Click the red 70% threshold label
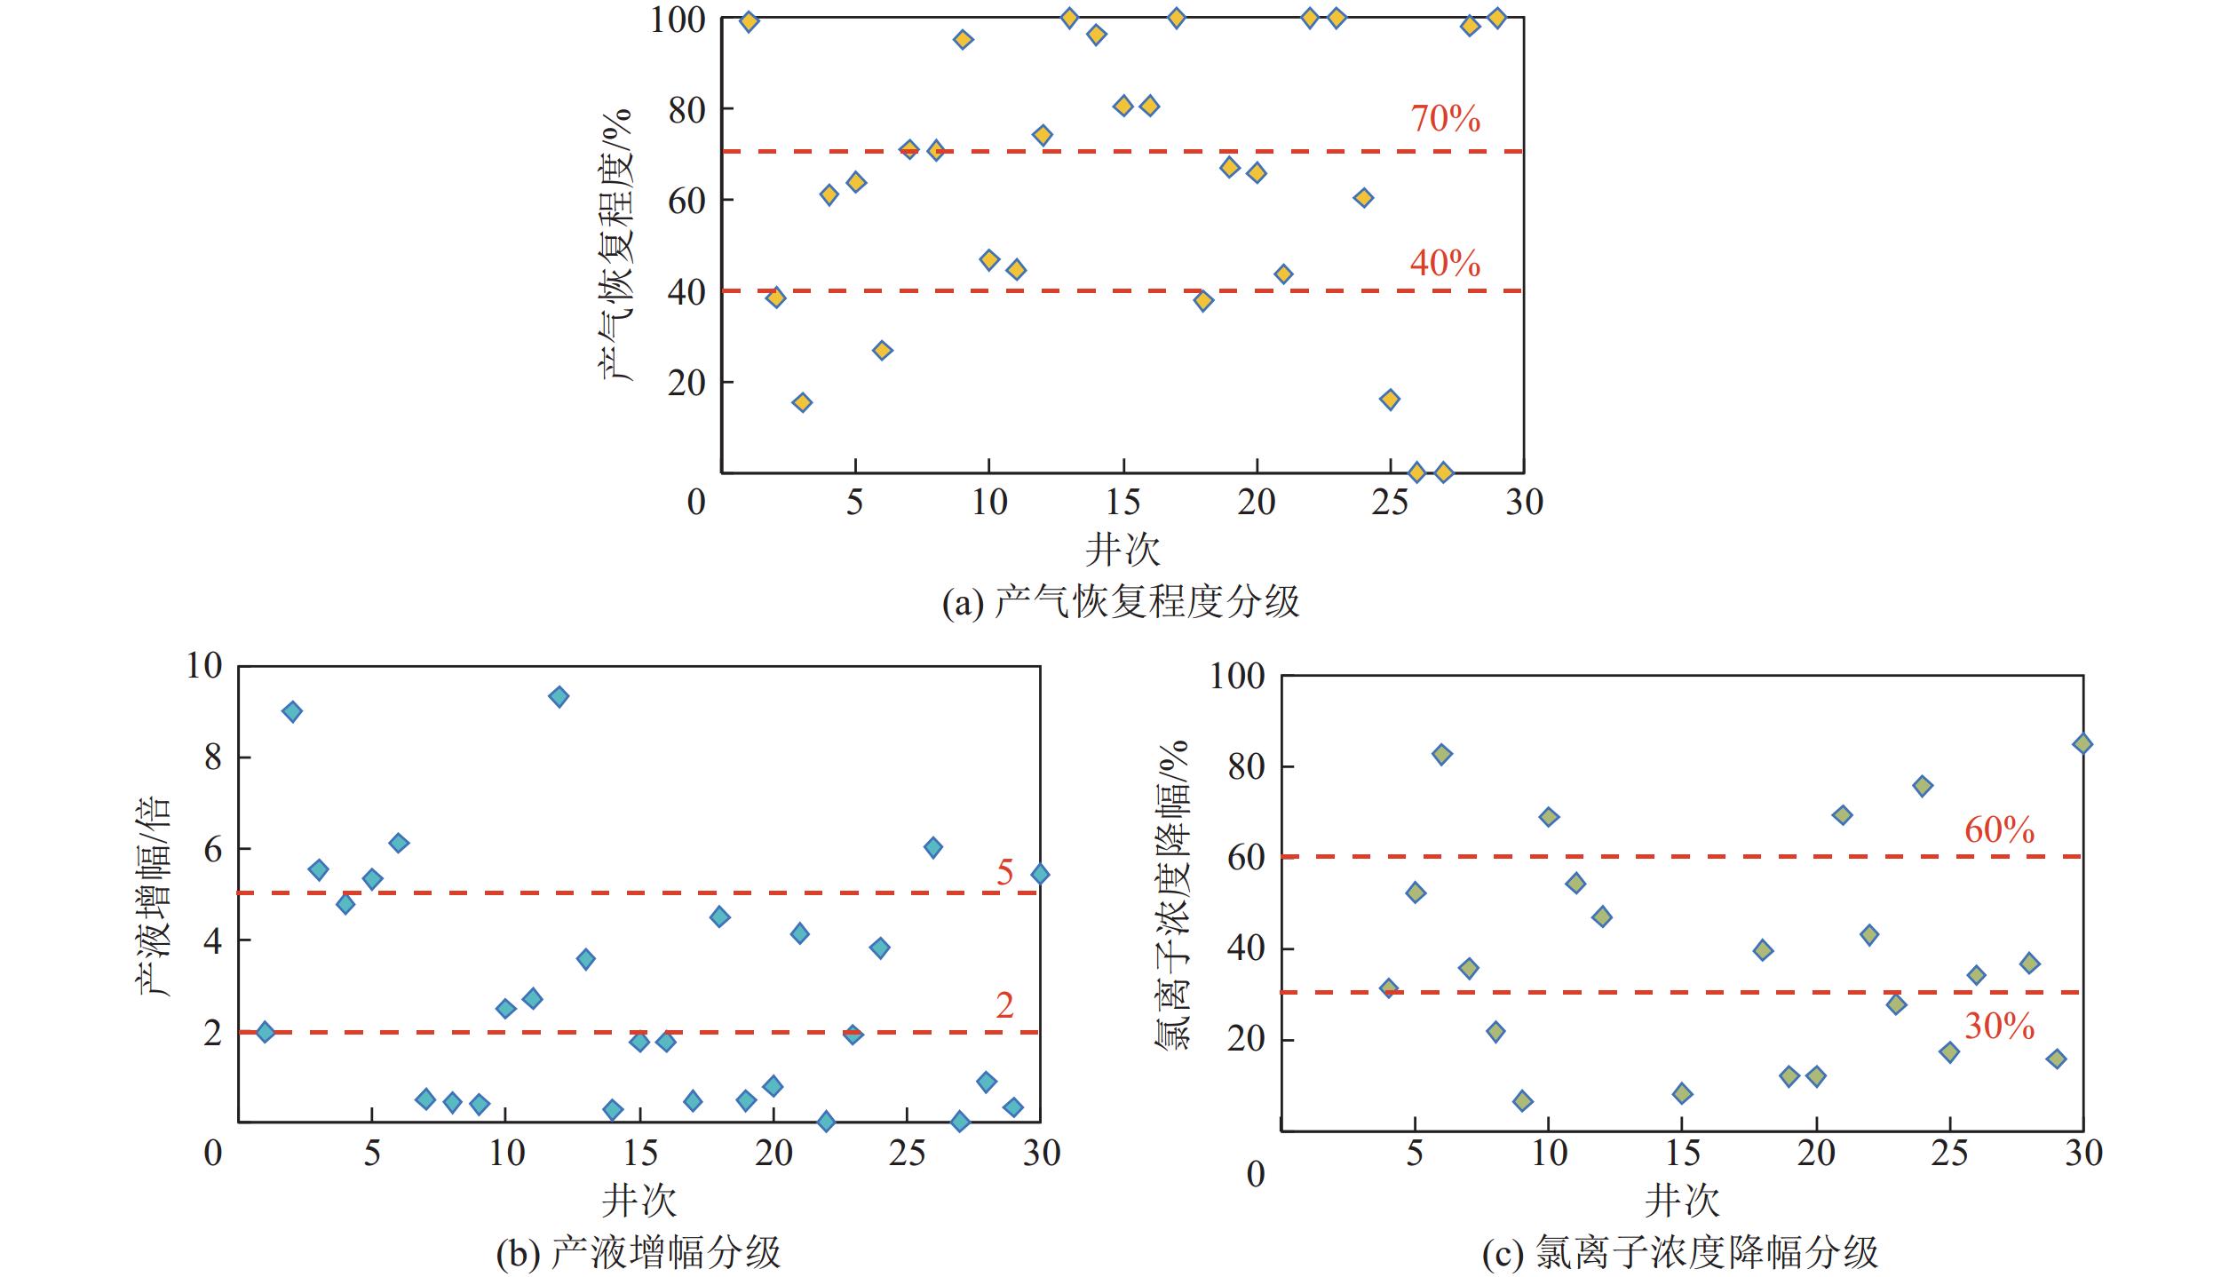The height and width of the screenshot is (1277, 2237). click(1445, 118)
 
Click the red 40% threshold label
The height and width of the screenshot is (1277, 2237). click(1445, 263)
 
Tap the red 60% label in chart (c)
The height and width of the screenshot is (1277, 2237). click(1999, 829)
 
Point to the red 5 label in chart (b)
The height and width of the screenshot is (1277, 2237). click(1004, 873)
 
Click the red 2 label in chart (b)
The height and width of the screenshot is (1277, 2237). click(1004, 1005)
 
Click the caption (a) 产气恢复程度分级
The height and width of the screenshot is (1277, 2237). click(1121, 602)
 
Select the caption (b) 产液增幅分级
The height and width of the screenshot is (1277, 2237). click(639, 1252)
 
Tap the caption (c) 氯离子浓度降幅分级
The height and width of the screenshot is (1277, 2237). click(1680, 1252)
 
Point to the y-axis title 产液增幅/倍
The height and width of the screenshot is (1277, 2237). click(153, 895)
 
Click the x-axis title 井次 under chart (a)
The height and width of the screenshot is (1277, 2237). click(1122, 550)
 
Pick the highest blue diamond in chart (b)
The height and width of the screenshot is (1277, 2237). click(559, 696)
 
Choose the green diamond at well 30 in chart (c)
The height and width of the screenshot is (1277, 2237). click(2082, 743)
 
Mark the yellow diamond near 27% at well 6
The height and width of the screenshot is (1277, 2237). click(882, 350)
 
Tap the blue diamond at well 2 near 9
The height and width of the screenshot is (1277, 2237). click(292, 711)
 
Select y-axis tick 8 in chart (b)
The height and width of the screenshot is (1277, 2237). click(213, 757)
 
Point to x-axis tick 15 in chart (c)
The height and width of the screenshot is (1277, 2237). click(1681, 1153)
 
